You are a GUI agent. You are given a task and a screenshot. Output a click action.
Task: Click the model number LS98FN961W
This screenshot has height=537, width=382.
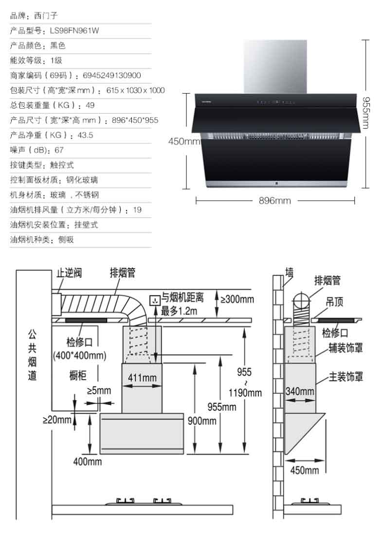click(74, 31)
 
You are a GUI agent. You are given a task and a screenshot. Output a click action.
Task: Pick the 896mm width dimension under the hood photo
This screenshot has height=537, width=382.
click(274, 200)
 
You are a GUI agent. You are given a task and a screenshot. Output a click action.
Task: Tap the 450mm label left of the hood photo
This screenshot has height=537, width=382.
click(184, 142)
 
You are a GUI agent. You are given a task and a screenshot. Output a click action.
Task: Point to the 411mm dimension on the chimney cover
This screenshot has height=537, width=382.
click(142, 378)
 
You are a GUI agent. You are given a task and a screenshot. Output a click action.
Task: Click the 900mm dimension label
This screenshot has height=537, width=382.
click(201, 421)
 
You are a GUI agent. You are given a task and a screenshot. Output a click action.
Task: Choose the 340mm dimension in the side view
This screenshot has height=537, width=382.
click(300, 391)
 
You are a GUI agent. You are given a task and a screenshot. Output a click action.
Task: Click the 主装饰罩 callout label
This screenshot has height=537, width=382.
click(346, 377)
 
